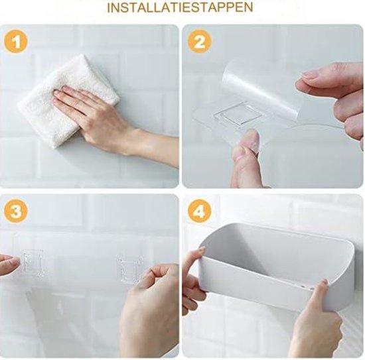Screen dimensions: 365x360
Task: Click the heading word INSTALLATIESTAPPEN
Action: pyautogui.click(x=180, y=7)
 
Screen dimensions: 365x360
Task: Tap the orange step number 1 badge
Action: pyautogui.click(x=16, y=42)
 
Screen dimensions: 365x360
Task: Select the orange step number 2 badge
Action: pyautogui.click(x=200, y=42)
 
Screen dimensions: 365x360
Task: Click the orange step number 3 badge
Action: pyautogui.click(x=16, y=211)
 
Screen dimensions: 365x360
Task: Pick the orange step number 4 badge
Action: pyautogui.click(x=200, y=211)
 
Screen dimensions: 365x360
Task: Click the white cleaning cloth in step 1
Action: pyautogui.click(x=68, y=100)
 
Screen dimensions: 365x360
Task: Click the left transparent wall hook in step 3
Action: pyautogui.click(x=33, y=263)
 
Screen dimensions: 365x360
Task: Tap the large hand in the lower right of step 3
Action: pyautogui.click(x=149, y=310)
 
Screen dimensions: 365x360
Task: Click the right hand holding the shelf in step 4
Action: pyautogui.click(x=317, y=319)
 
